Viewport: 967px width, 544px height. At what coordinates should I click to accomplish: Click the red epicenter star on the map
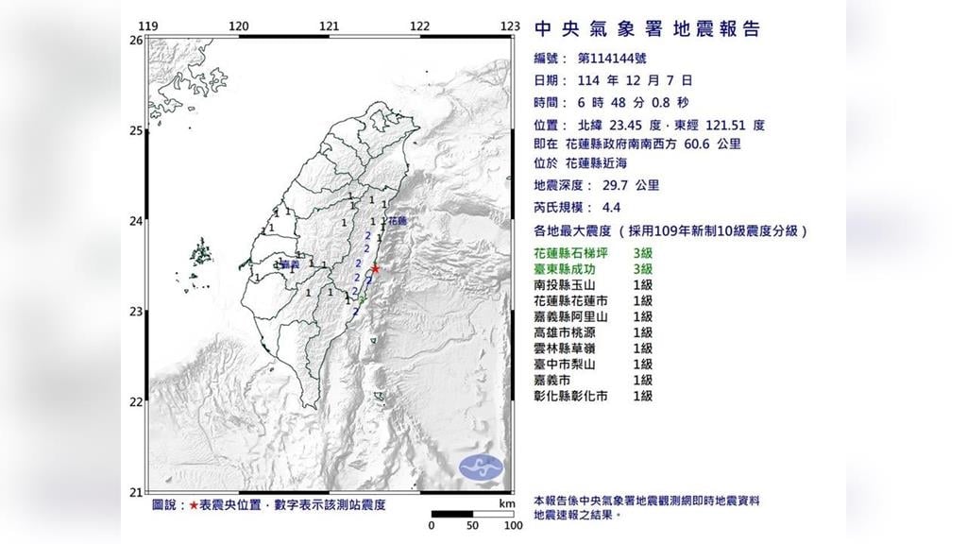pos(376,268)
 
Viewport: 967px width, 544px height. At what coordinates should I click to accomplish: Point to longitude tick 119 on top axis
pos(147,26)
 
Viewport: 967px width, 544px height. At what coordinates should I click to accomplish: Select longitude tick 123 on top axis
pos(511,26)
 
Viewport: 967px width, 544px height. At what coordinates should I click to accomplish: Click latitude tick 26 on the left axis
pos(136,41)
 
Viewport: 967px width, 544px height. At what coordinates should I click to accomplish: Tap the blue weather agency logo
pos(482,466)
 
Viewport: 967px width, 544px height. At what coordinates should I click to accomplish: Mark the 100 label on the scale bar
pos(513,526)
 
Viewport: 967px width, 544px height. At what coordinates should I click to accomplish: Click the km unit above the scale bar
pos(506,505)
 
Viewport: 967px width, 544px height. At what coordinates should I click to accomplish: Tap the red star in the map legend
pos(194,505)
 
